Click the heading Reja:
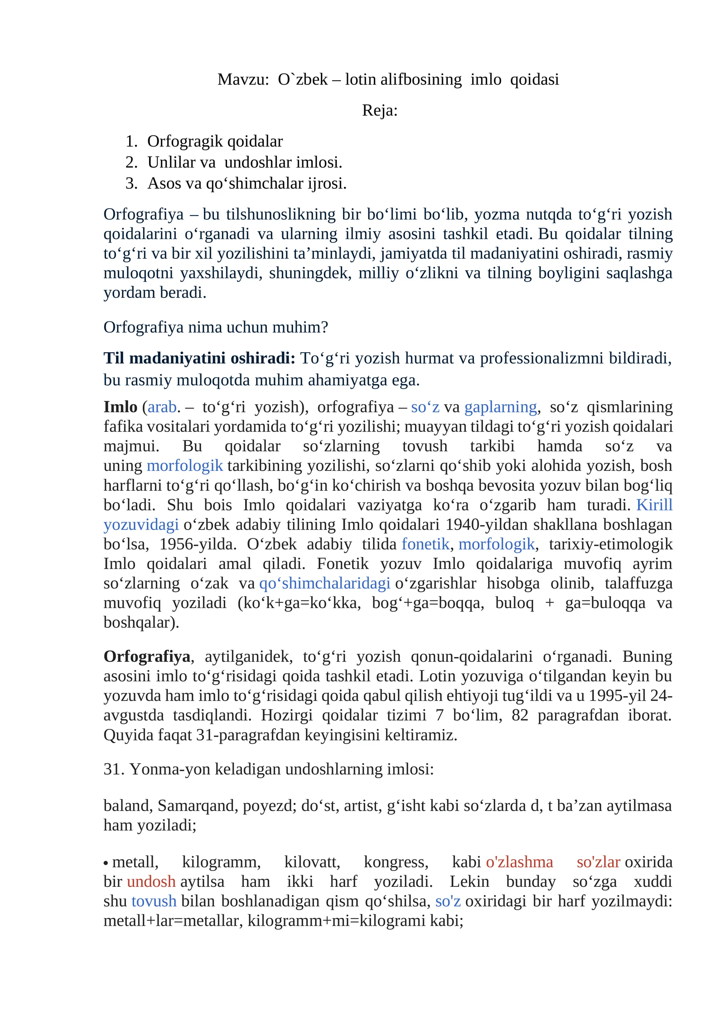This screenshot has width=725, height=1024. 380,110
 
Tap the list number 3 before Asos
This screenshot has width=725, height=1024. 131,183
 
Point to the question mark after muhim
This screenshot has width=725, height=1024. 324,327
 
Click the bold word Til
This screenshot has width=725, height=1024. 114,358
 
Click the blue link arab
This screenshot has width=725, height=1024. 162,407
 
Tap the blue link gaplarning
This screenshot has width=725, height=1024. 500,407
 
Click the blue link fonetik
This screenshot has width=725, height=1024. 425,544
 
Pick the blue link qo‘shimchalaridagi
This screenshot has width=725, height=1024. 324,583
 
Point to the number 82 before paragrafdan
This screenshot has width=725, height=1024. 520,715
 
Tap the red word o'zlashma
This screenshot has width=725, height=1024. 519,862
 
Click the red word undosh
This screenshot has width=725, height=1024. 151,882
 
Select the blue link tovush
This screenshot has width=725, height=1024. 154,901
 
